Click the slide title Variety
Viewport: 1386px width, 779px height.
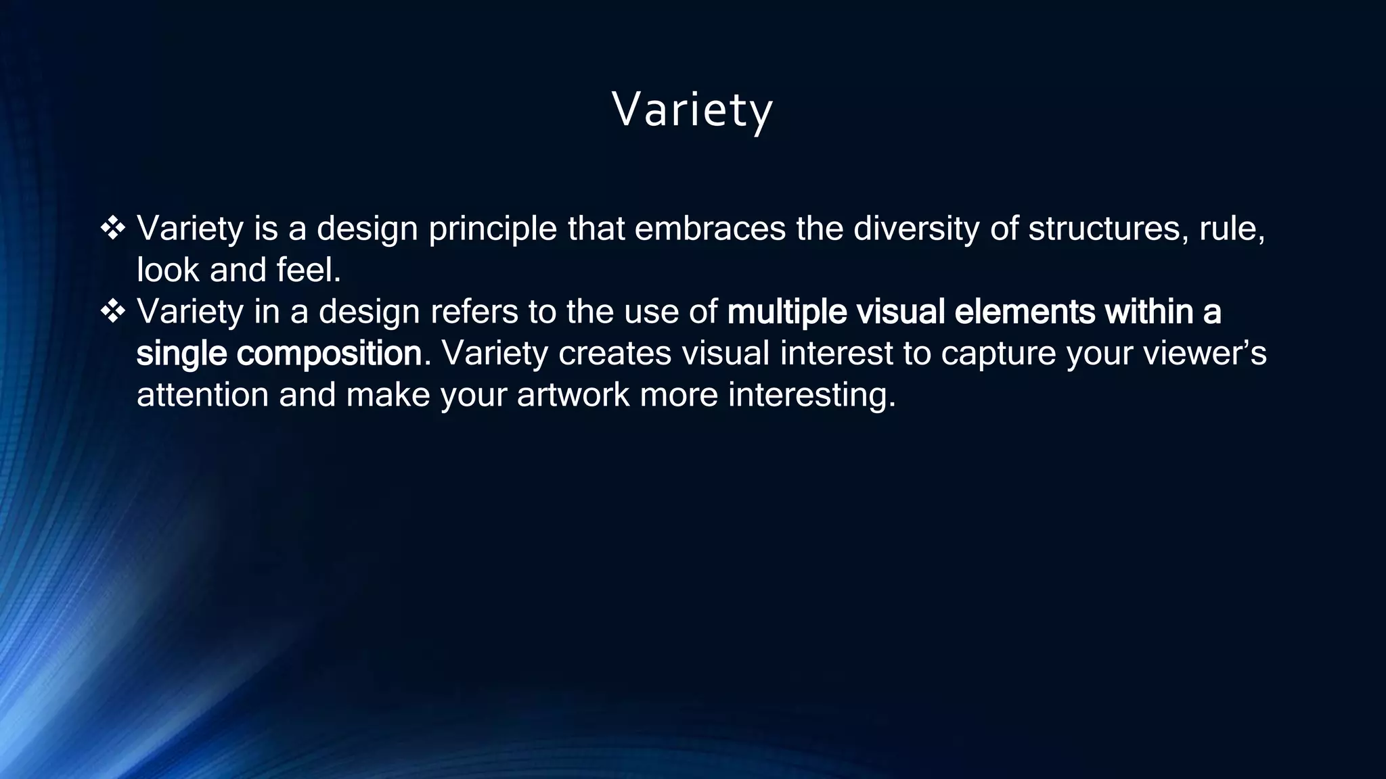pos(692,110)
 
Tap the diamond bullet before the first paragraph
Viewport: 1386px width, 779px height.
pos(112,229)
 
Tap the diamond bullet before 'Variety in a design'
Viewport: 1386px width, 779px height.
pos(112,312)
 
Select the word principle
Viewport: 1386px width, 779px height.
pos(493,230)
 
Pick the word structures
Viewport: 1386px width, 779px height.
pos(1108,229)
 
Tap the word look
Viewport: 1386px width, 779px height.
pos(168,270)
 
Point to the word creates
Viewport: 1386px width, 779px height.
pos(614,353)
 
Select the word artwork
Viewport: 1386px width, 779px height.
pos(573,395)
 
